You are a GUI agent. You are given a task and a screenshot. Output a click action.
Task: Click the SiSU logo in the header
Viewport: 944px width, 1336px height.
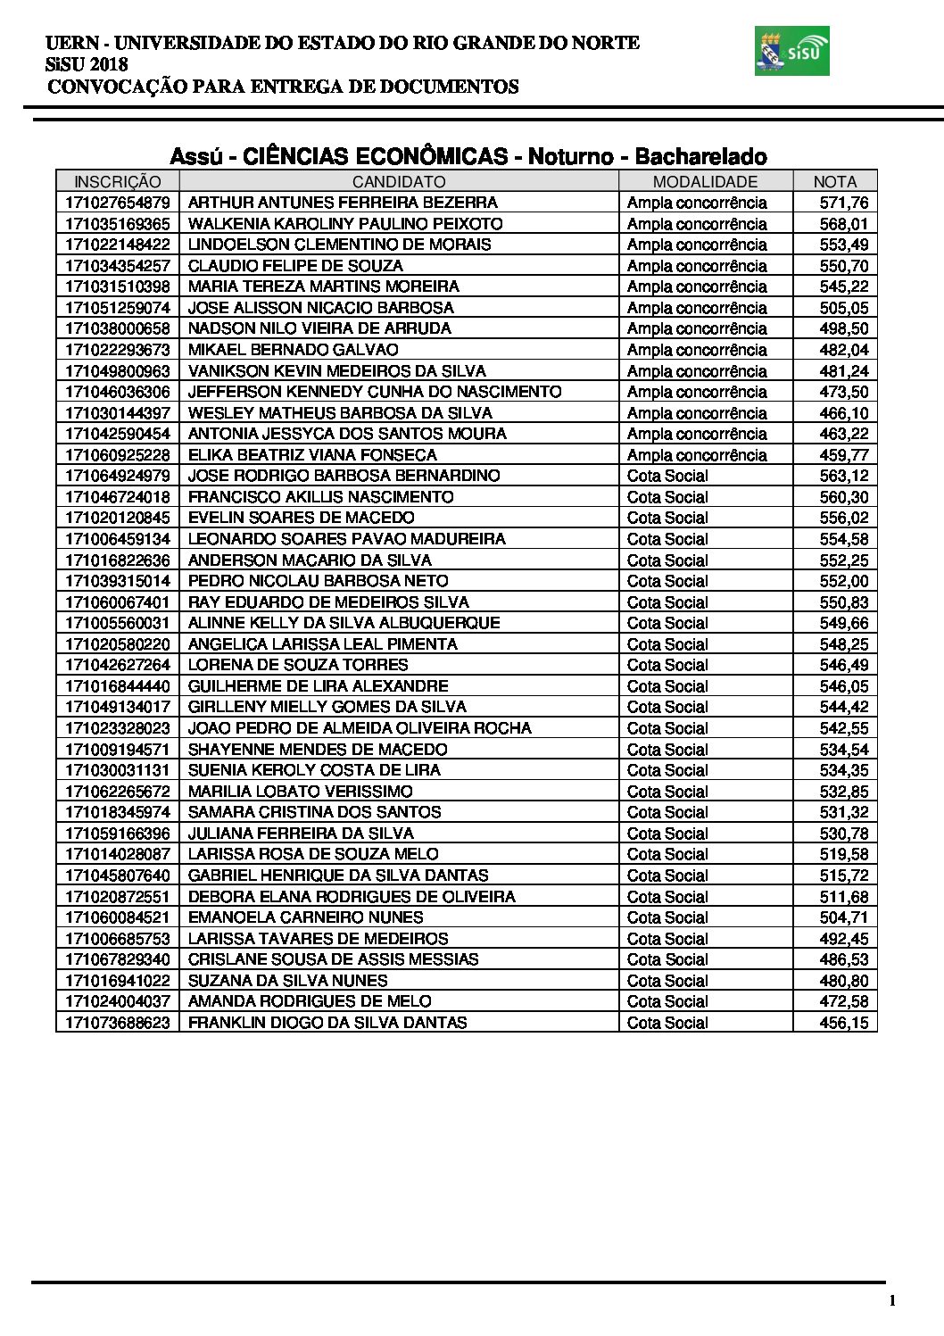tap(791, 51)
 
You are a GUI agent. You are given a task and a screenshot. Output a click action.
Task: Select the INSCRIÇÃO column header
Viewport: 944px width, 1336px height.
tap(118, 181)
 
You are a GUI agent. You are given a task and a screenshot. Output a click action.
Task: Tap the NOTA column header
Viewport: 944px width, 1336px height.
tap(834, 181)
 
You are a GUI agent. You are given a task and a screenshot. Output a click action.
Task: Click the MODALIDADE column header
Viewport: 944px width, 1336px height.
tap(705, 181)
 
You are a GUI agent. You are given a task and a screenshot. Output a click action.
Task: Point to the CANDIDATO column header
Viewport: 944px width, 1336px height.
tap(399, 181)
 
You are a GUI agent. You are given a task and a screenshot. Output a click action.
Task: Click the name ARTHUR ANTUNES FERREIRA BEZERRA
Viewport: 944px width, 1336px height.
tap(343, 203)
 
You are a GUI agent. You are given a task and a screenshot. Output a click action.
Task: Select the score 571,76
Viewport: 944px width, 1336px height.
tap(843, 203)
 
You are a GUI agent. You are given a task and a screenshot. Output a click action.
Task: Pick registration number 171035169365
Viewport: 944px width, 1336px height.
tap(118, 224)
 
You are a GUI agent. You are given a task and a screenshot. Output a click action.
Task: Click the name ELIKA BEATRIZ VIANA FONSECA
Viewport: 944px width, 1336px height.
tap(312, 455)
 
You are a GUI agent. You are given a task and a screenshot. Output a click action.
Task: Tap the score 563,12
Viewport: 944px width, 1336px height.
tap(843, 476)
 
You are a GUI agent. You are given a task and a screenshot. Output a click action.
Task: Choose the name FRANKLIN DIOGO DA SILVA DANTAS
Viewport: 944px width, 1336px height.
tap(327, 1023)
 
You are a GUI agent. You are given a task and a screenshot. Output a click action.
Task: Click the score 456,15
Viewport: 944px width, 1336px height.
tap(843, 1023)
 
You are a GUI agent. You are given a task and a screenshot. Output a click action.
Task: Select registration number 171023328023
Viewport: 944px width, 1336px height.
tap(118, 728)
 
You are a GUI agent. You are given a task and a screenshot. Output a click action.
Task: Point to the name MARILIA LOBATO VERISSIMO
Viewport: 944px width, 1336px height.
tap(301, 792)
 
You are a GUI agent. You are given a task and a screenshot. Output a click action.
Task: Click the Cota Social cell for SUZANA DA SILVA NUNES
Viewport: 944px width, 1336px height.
tap(667, 981)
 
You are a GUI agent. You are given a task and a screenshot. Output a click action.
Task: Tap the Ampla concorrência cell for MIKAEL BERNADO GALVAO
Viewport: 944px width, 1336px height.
tap(697, 350)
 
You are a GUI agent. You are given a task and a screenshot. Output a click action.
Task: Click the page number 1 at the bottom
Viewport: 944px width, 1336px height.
tap(891, 1300)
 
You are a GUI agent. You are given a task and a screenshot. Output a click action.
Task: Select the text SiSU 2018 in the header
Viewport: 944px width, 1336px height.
tap(87, 64)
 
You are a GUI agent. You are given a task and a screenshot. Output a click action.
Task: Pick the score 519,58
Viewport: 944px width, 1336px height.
tap(843, 854)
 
